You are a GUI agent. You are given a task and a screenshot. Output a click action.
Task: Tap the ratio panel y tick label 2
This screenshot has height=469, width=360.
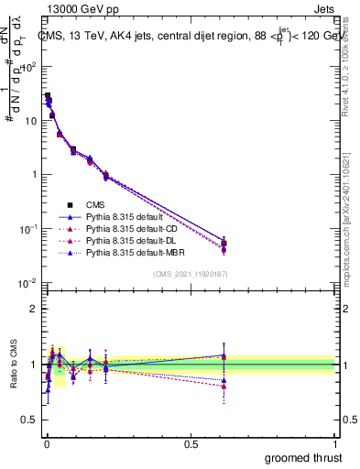34,309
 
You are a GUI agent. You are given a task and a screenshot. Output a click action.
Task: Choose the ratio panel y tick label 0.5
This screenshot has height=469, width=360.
30,420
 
